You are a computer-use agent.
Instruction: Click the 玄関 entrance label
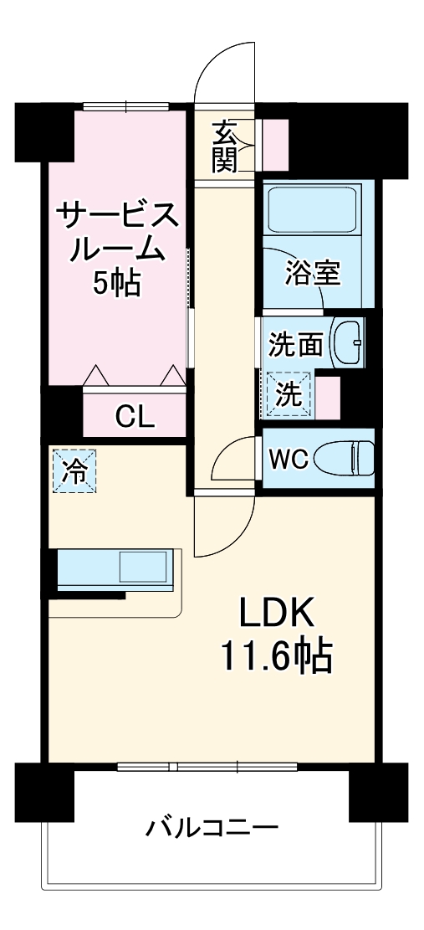pyautogui.click(x=223, y=147)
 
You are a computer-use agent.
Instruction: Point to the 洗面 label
pyautogui.click(x=295, y=343)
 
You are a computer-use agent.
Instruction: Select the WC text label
pyautogui.click(x=289, y=459)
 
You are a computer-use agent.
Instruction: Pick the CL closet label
pyautogui.click(x=135, y=415)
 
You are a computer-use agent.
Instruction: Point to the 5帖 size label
pyautogui.click(x=116, y=285)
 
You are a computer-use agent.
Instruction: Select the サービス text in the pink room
pyautogui.click(x=116, y=217)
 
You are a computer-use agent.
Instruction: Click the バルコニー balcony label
pyautogui.click(x=212, y=830)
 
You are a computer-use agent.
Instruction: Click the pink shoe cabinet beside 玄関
pyautogui.click(x=276, y=144)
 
